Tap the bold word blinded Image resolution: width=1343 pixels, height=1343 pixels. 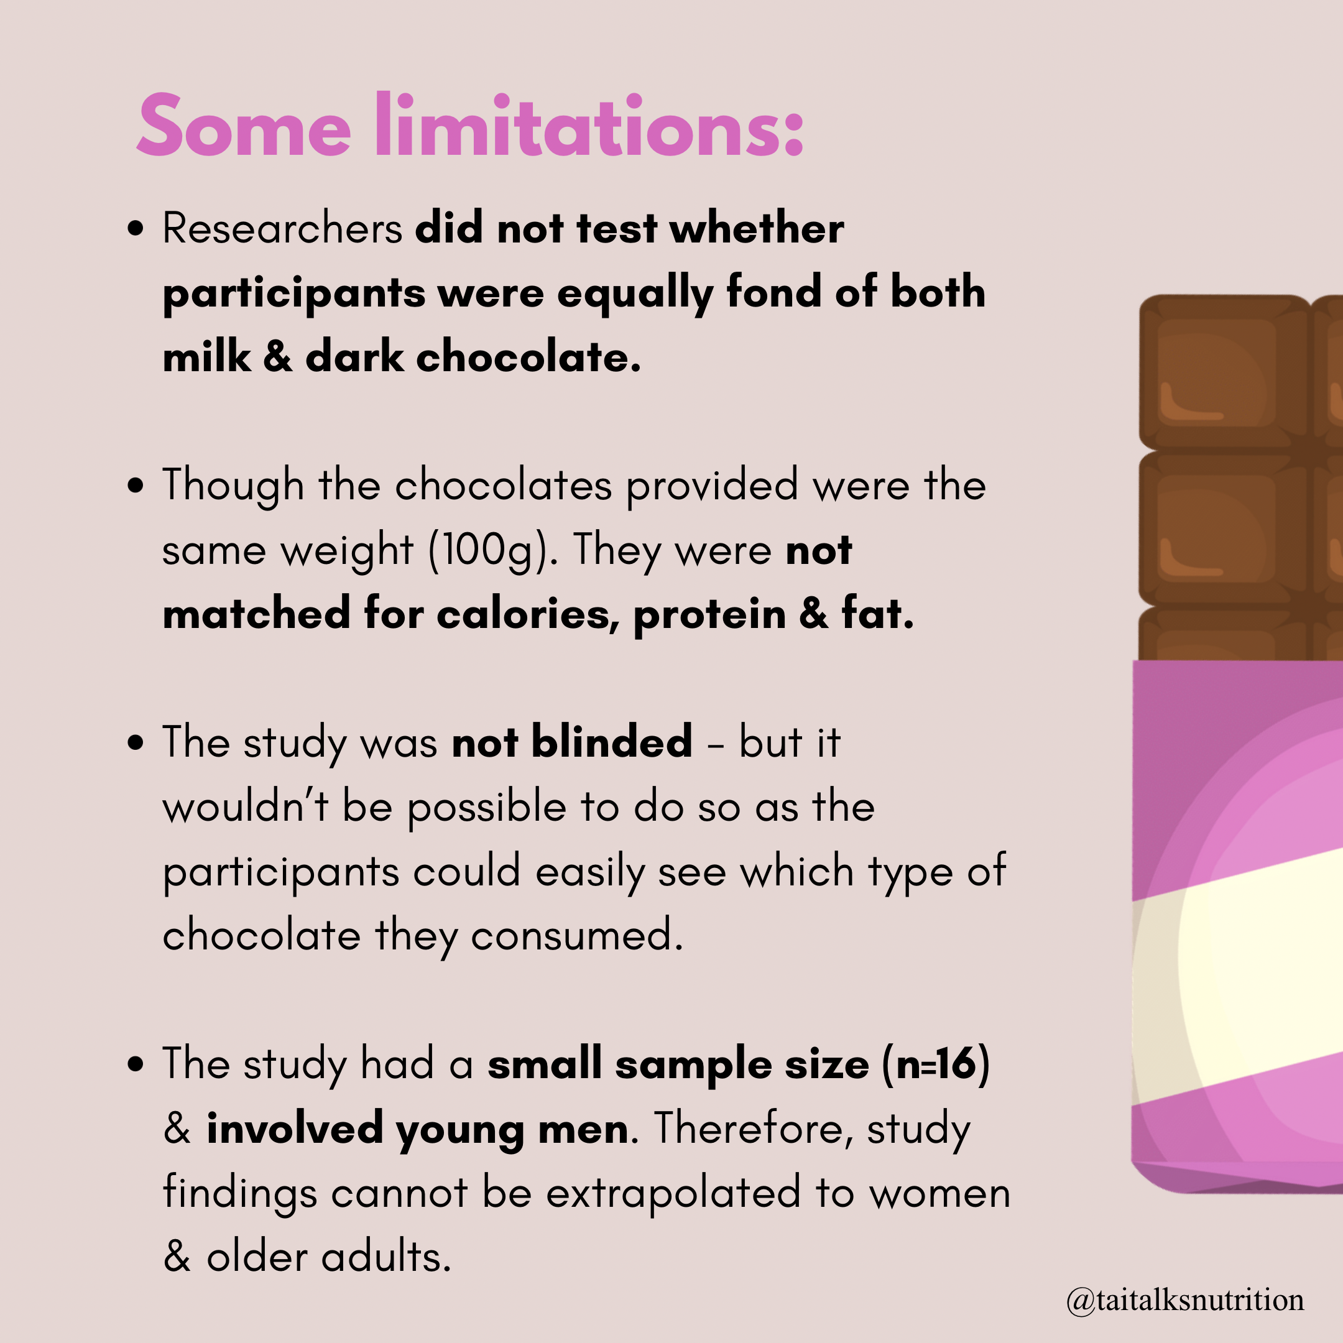pos(612,741)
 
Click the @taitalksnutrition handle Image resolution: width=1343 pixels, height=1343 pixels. pos(1185,1300)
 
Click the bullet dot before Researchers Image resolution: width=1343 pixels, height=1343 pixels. pos(136,229)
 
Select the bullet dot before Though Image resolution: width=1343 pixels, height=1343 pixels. pos(136,486)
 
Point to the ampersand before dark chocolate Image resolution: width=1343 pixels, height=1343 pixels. pos(278,358)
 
